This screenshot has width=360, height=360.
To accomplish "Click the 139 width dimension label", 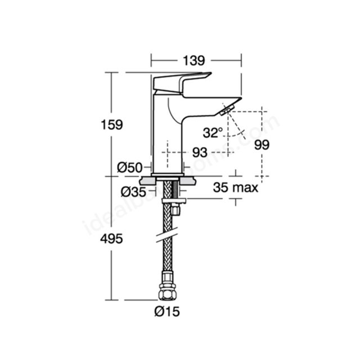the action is point(193,61).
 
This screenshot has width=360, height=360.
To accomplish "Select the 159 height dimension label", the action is point(112,125).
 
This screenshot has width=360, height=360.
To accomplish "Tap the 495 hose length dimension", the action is point(111,239).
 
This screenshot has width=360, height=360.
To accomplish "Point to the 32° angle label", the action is point(213,133).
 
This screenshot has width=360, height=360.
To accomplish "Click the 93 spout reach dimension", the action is point(200,152).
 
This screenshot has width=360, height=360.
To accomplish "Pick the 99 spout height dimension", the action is point(262,145).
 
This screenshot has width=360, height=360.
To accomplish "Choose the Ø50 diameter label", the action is point(130,168).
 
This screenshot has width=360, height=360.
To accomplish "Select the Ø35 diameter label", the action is point(133,192).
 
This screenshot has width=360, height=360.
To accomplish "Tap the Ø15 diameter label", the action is point(167,312).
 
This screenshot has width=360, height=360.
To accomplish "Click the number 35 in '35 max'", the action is point(220,187).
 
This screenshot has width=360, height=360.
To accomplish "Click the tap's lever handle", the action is point(182,83).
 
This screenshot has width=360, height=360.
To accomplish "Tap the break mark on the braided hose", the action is point(167,235).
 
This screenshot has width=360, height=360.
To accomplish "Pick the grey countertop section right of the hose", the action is point(188,181).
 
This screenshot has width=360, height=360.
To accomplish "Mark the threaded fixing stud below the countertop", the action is point(175,189).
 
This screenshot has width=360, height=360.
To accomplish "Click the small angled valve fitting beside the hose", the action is point(175,209).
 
